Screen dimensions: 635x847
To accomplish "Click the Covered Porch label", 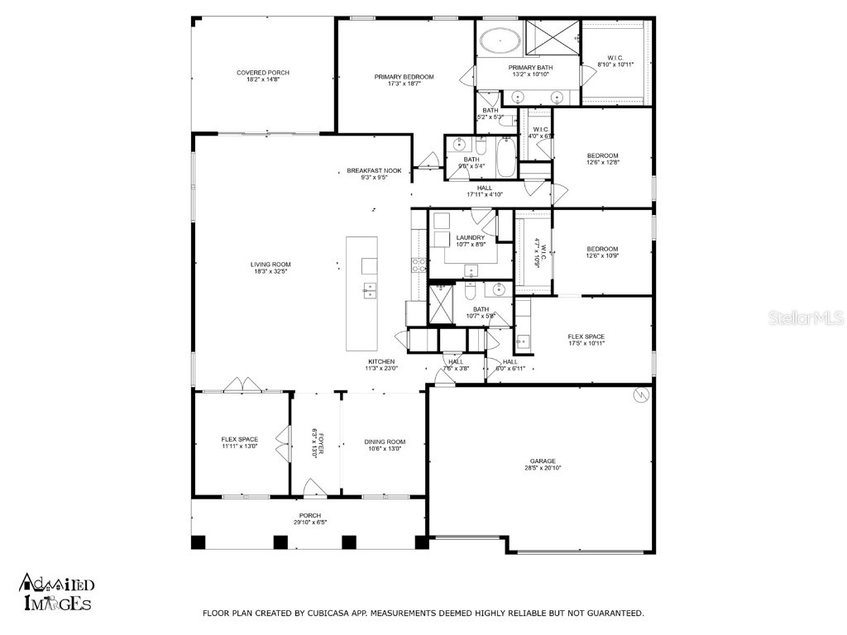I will pyautogui.click(x=263, y=73).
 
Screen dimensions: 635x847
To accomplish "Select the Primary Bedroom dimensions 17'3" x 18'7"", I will pyautogui.click(x=404, y=84).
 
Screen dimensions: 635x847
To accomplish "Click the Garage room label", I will pyautogui.click(x=543, y=461).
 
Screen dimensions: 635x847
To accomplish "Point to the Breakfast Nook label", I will pyautogui.click(x=374, y=170).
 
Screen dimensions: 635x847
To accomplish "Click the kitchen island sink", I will pyautogui.click(x=368, y=289).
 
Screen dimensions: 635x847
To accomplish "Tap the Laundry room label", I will pyautogui.click(x=470, y=237).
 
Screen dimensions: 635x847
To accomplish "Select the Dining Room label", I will pyautogui.click(x=385, y=442).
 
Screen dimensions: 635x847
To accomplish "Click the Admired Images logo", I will pyautogui.click(x=56, y=592).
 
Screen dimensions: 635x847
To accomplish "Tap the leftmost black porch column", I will pyautogui.click(x=198, y=542).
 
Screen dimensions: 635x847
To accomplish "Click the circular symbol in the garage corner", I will pyautogui.click(x=639, y=396).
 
